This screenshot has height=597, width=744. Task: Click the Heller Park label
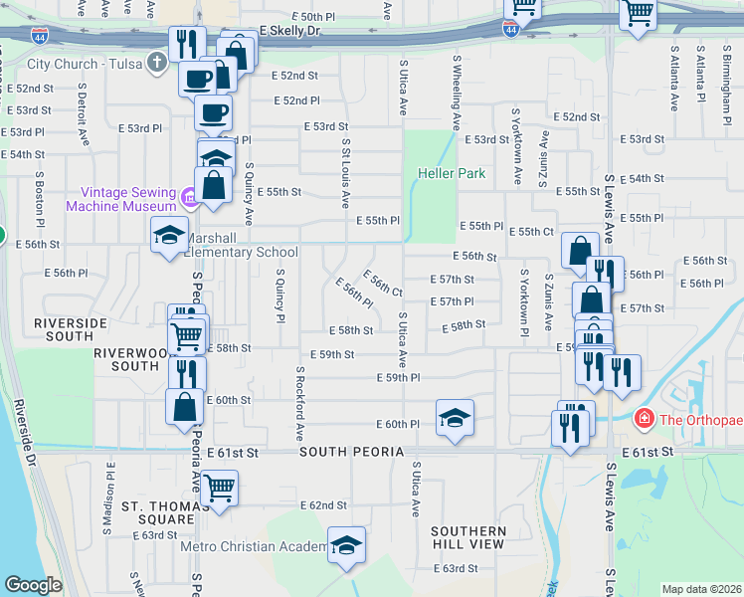pos(451,173)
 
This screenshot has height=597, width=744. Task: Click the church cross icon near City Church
pos(155,64)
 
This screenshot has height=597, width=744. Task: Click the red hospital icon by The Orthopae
pos(645,419)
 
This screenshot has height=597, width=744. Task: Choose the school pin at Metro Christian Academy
pos(346,545)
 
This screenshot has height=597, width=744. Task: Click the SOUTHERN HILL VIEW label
pos(468,538)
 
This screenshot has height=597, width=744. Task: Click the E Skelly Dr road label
pos(289,32)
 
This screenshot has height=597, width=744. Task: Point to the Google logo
pos(33,585)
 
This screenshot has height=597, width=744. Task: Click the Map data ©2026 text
pos(701,589)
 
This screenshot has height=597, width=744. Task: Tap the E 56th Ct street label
pos(382,284)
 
